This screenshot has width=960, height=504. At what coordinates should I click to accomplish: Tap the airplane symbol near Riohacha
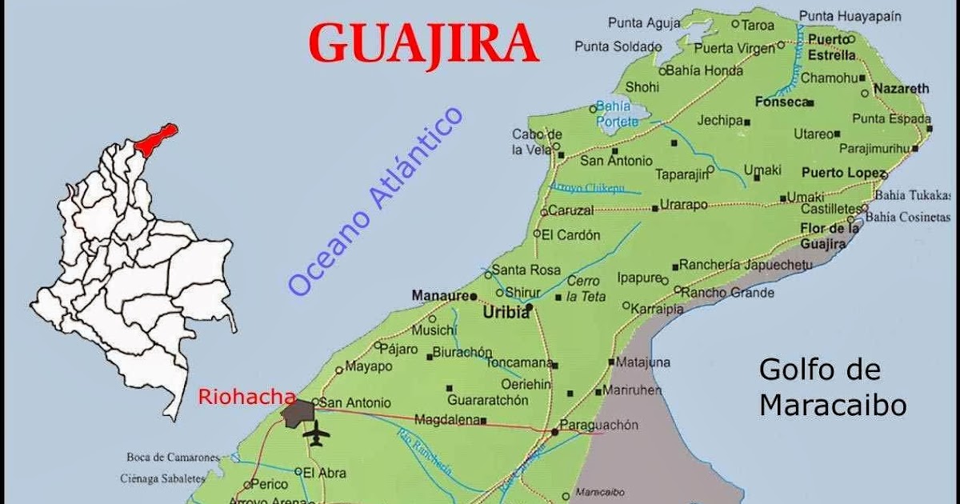pos(317,433)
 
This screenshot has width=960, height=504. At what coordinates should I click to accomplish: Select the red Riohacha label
pos(246,395)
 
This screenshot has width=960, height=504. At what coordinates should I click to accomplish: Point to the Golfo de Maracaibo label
pos(832,387)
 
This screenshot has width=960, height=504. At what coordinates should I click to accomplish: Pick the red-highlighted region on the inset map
pos(156,138)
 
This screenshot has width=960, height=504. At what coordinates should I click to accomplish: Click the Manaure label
pos(439,296)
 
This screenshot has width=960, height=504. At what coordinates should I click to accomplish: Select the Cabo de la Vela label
pos(537,141)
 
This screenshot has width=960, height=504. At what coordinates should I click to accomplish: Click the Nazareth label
pos(901,88)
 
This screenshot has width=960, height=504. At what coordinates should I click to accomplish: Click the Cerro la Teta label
pos(586,288)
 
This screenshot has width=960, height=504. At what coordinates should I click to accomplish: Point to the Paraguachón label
pos(599,425)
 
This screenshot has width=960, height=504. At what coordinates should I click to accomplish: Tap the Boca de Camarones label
pos(173,458)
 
